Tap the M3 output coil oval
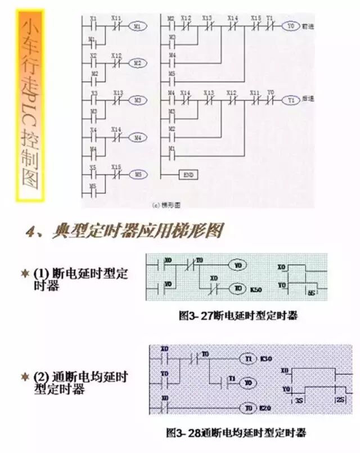point(137,100)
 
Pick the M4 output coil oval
point(137,137)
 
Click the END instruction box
point(188,175)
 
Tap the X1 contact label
point(93,19)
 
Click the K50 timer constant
point(256,288)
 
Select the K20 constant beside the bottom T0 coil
point(265,407)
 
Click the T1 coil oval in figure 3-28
point(247,359)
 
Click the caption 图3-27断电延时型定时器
point(238,316)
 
